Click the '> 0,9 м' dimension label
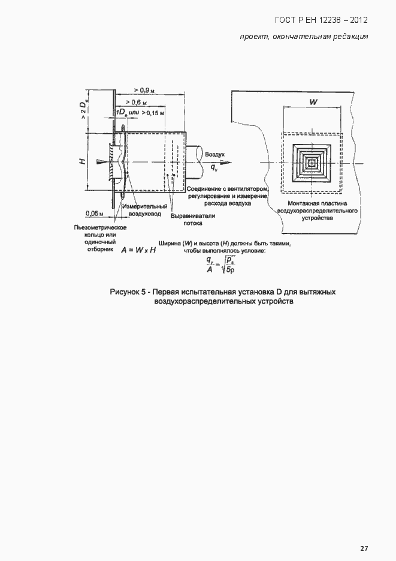pyautogui.click(x=144, y=90)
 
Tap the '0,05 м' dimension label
pyautogui.click(x=94, y=213)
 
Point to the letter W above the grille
pyautogui.click(x=313, y=103)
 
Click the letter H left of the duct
pyautogui.click(x=85, y=160)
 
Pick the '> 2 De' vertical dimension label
pyautogui.click(x=83, y=109)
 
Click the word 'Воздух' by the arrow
pyautogui.click(x=215, y=154)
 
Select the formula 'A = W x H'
pyautogui.click(x=138, y=250)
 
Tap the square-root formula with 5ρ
pyautogui.click(x=219, y=263)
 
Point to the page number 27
pyautogui.click(x=364, y=548)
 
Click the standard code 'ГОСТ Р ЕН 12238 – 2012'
pyautogui.click(x=321, y=20)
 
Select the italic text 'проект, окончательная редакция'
pyautogui.click(x=303, y=37)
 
